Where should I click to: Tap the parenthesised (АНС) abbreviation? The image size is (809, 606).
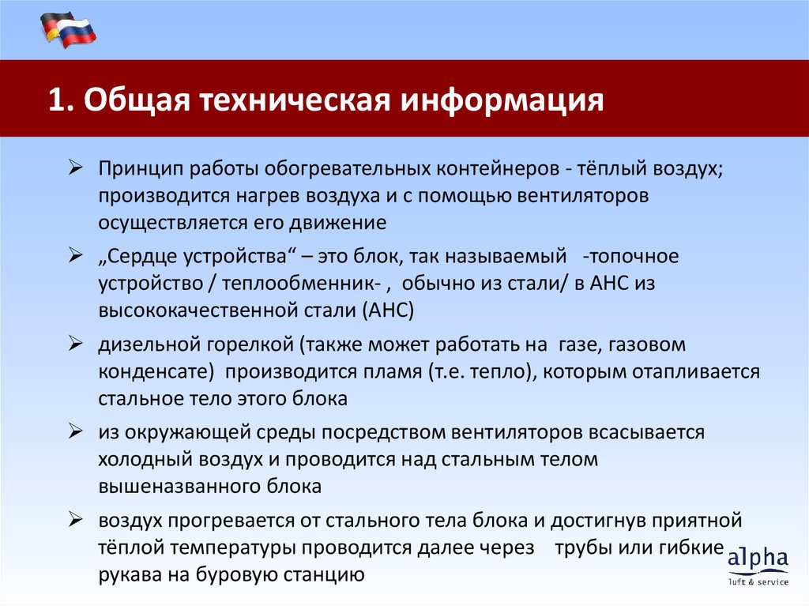tap(389, 310)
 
